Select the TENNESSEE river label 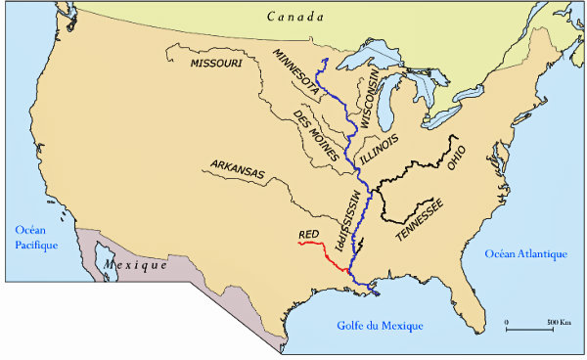pos(419,220)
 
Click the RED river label pos(308,235)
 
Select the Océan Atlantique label pos(526,254)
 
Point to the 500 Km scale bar pos(531,329)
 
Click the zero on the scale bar pos(507,321)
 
